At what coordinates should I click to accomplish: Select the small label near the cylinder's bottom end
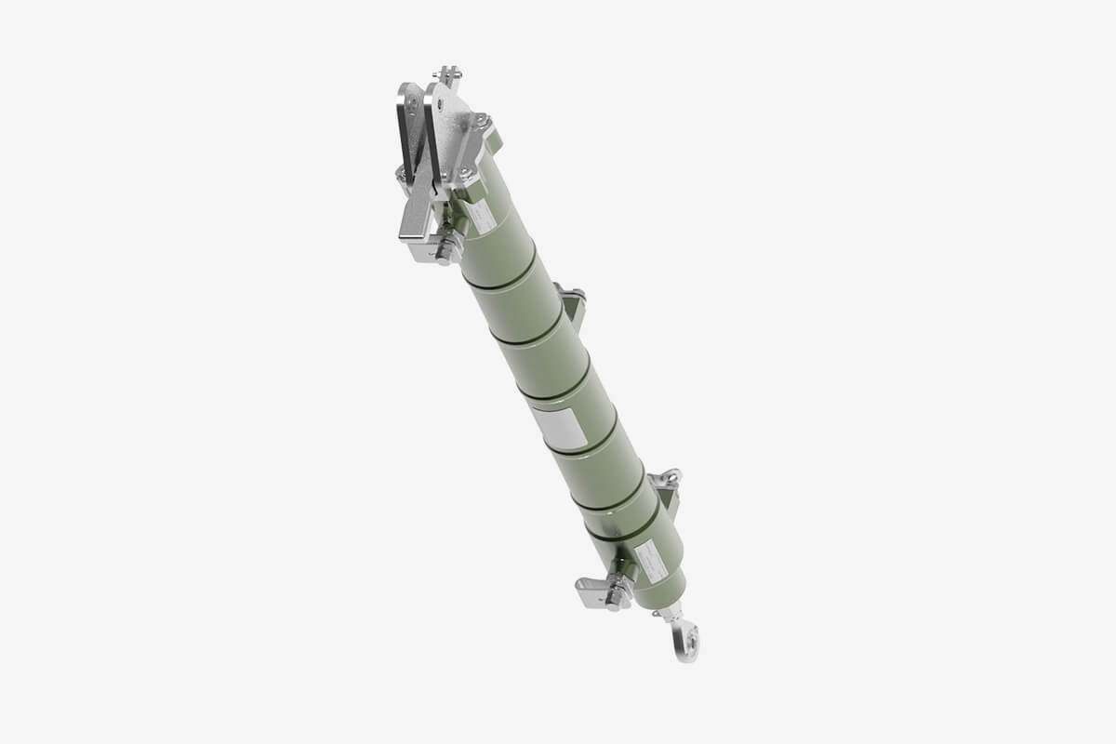pos(650,562)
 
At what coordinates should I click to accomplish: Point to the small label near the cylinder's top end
pos(482,218)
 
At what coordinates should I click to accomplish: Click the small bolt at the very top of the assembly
pos(448,73)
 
